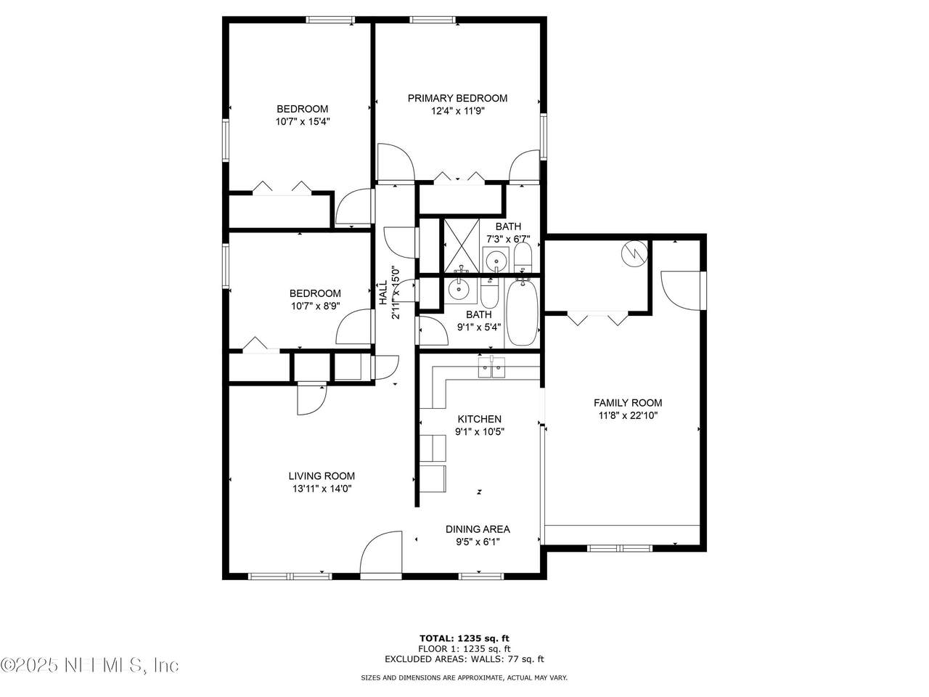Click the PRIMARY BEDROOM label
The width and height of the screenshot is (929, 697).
[457, 98]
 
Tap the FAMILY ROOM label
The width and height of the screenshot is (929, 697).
[628, 403]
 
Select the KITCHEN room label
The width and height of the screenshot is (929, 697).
[479, 419]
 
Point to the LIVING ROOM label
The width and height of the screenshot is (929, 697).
[322, 476]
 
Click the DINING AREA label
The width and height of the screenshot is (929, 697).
[478, 529]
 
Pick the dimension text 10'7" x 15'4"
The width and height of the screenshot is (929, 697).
[303, 122]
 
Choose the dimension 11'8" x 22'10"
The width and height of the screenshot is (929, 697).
[628, 415]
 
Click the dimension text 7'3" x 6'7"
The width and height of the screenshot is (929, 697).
[508, 239]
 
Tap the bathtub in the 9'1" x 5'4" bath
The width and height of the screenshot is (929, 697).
[523, 313]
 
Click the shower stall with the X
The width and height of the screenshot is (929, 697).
[462, 246]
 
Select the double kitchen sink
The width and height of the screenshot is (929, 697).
[491, 367]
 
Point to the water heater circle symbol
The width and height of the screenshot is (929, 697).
[634, 253]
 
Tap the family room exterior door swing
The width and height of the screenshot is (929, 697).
[680, 291]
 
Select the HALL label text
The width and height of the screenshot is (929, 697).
[383, 293]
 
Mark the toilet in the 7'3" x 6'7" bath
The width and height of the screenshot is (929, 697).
[523, 258]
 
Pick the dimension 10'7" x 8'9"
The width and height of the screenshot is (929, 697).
[315, 306]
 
